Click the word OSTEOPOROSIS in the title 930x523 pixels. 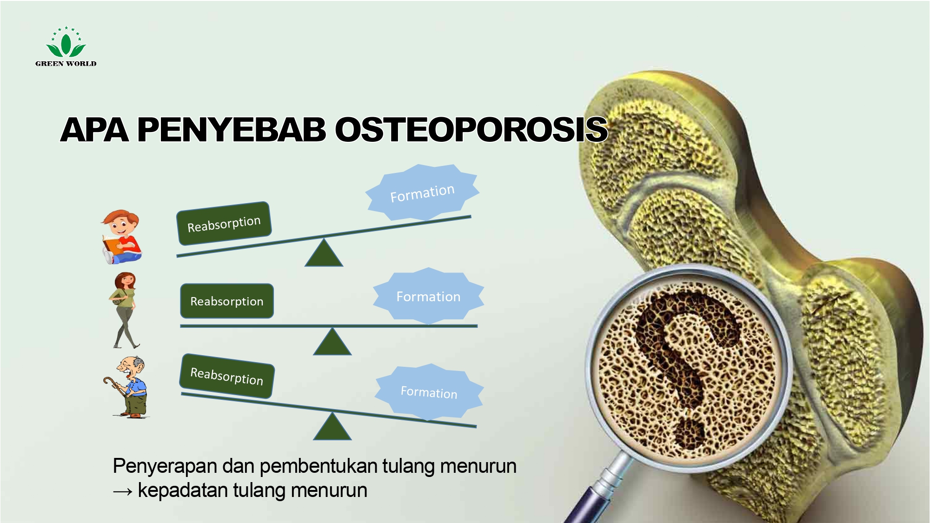471,129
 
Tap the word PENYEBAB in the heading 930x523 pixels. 232,129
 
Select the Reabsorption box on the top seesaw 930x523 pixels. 224,224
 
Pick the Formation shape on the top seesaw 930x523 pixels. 422,192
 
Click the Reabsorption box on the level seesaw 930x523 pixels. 227,301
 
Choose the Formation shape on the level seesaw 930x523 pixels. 428,296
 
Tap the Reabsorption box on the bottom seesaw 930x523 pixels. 227,376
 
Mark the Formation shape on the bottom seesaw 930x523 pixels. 429,392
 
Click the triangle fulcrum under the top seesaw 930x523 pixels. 324,253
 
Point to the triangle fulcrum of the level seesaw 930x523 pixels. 332,342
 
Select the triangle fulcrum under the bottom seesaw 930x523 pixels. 332,427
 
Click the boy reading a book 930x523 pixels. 121,237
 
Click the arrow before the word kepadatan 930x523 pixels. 123,491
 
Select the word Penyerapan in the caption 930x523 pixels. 165,466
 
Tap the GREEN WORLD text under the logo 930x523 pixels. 66,64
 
